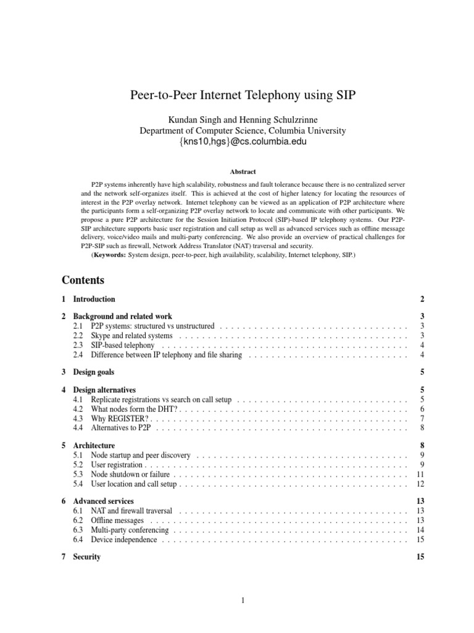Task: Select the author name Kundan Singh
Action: [176, 119]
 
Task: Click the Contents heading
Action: [83, 279]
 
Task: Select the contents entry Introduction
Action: [94, 299]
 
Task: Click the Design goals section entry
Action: [93, 372]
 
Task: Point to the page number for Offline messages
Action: [420, 520]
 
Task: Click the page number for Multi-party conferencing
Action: [420, 530]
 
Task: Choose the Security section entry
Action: [86, 557]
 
